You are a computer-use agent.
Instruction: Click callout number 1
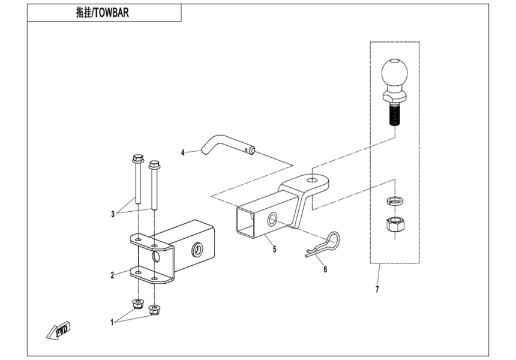click(x=112, y=322)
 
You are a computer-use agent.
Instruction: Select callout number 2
click(x=112, y=275)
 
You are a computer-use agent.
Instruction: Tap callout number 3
click(x=112, y=214)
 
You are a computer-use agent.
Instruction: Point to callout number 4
click(x=183, y=152)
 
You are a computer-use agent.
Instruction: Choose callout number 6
click(x=325, y=269)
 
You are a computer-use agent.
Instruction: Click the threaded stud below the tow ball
click(x=394, y=116)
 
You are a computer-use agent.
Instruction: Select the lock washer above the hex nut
click(x=394, y=200)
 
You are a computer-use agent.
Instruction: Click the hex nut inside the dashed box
click(x=394, y=224)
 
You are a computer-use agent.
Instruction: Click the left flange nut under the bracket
click(x=137, y=302)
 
